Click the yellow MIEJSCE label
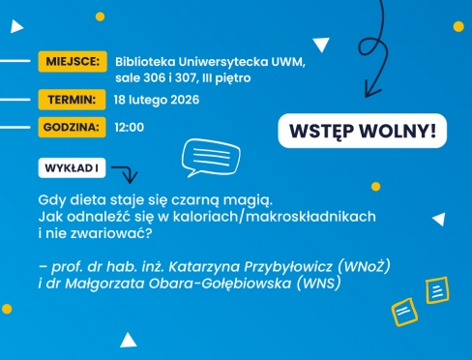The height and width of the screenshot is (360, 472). click(x=72, y=62)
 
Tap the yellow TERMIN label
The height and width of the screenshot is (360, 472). click(x=72, y=99)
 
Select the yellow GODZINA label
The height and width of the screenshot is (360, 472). click(x=72, y=127)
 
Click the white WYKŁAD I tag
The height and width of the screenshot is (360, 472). click(x=73, y=168)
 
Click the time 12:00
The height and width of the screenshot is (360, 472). click(x=129, y=127)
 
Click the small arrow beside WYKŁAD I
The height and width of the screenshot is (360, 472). click(x=124, y=173)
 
